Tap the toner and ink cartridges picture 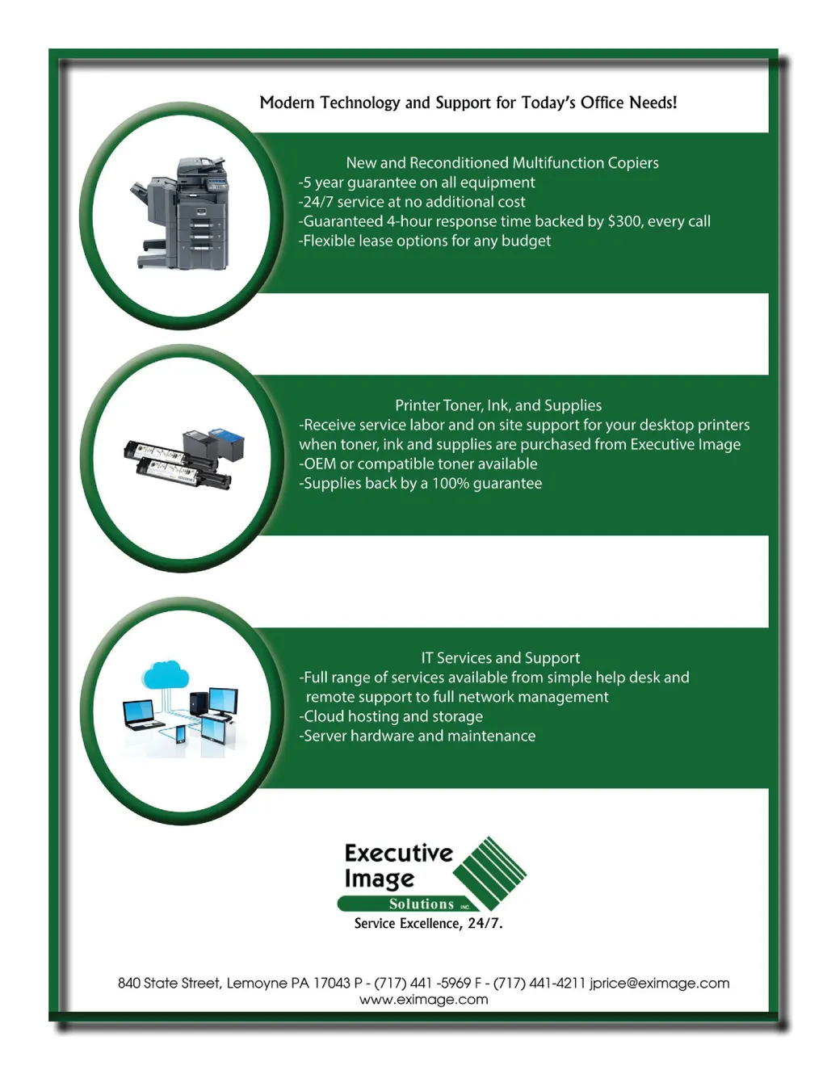tap(184, 459)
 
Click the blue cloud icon tap(166, 673)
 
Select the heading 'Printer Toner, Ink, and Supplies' tap(498, 405)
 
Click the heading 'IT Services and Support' tap(500, 658)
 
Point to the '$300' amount tap(624, 221)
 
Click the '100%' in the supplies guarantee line tap(450, 484)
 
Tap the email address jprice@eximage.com tap(659, 983)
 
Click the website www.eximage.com tap(423, 1000)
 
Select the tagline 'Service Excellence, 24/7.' tap(428, 923)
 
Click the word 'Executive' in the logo tap(398, 853)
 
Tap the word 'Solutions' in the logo tap(422, 904)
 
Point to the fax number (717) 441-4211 tap(539, 983)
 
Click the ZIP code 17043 tap(331, 983)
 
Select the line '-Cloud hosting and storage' tap(391, 716)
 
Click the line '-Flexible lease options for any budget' tap(425, 241)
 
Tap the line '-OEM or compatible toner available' tap(418, 464)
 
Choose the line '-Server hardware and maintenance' tap(417, 736)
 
